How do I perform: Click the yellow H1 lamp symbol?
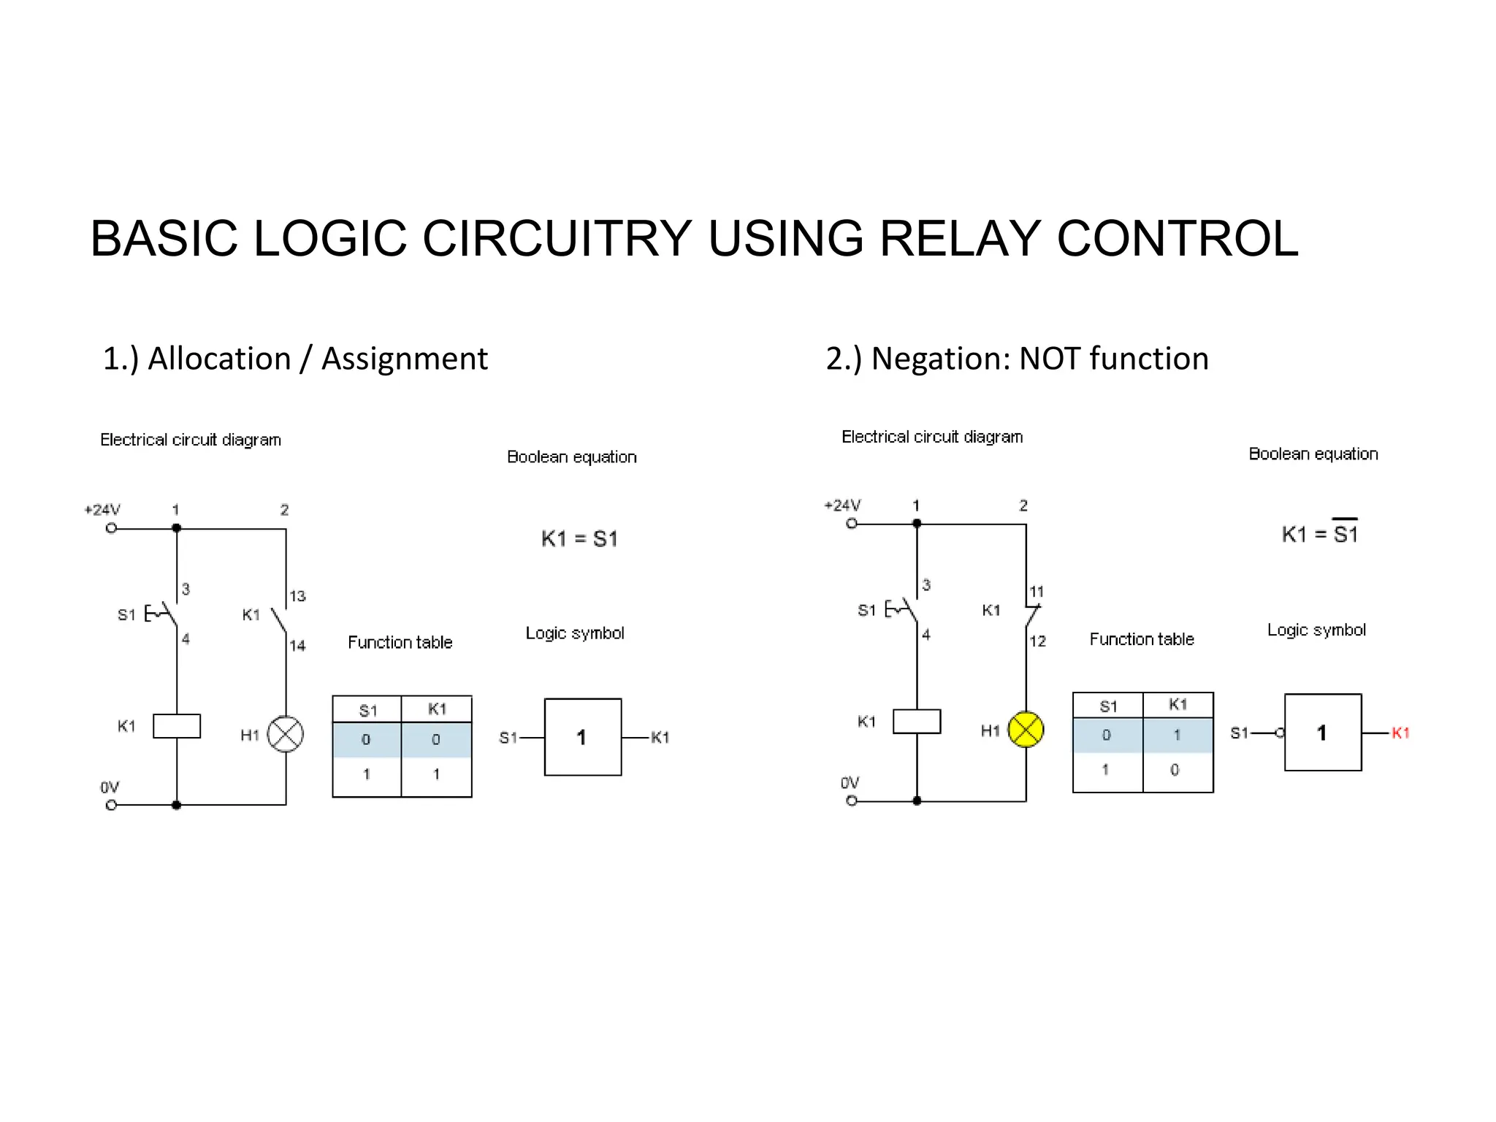(1026, 729)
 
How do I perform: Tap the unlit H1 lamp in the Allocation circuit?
(286, 734)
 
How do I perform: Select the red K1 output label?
(1400, 733)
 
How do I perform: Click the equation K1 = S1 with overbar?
(1319, 533)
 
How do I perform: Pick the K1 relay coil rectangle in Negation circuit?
(917, 721)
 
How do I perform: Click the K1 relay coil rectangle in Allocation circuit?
(177, 725)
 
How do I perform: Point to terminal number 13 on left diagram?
(297, 596)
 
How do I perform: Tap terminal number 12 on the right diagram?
(1037, 641)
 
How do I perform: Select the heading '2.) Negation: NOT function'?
(1017, 359)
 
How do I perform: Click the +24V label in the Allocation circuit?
(102, 509)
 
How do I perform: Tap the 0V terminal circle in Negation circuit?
(852, 801)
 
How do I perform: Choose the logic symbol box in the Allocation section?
(582, 736)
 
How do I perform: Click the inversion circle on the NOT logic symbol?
(1280, 733)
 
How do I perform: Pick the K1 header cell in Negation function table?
(1178, 704)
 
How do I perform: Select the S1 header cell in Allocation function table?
(367, 710)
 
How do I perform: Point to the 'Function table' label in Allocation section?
(400, 642)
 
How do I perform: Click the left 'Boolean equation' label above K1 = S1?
(571, 457)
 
